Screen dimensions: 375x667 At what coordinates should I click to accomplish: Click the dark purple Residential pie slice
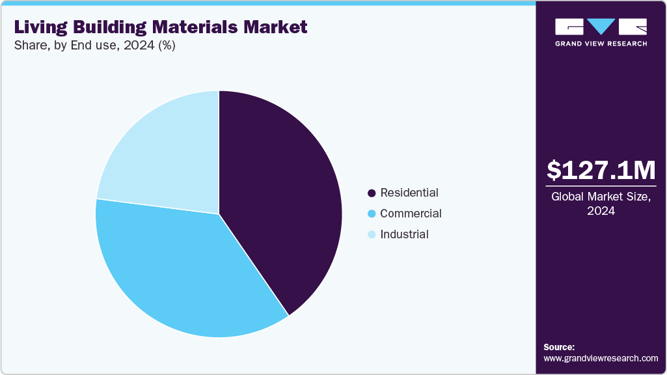click(x=280, y=202)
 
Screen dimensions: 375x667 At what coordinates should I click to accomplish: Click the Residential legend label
click(x=409, y=193)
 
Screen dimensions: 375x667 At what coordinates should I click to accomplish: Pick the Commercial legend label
click(x=411, y=214)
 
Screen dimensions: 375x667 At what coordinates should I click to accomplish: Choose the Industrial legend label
click(x=404, y=234)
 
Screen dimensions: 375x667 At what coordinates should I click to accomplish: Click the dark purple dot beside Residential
click(x=372, y=193)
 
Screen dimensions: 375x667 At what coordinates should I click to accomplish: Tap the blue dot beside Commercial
click(x=372, y=214)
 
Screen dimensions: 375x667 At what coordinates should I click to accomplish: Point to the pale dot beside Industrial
click(x=372, y=235)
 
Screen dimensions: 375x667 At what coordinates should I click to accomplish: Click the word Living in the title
click(x=38, y=27)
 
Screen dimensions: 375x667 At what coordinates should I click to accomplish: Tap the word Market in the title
click(x=279, y=27)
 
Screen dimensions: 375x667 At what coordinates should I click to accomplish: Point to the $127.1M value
click(x=601, y=170)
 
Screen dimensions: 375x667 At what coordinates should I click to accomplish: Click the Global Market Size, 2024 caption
click(x=601, y=204)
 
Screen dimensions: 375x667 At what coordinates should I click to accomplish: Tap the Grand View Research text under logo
click(x=601, y=44)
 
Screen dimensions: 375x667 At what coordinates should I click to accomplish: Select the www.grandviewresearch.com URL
click(x=601, y=358)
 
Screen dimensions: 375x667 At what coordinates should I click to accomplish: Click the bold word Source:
click(x=559, y=347)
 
